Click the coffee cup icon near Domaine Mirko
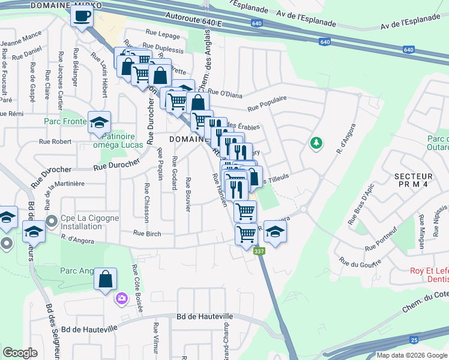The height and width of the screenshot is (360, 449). (x=82, y=16)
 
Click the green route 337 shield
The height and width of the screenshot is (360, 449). (x=259, y=251)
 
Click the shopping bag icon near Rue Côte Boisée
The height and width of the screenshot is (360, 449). (x=105, y=279)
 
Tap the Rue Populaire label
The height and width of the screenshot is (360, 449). (x=267, y=103)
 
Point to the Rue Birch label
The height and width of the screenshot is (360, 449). (x=147, y=233)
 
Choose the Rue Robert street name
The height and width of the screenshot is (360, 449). (x=55, y=142)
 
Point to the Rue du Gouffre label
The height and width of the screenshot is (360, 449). (x=360, y=262)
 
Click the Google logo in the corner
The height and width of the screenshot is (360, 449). (x=20, y=353)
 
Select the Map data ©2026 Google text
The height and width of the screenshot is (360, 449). (x=412, y=355)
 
